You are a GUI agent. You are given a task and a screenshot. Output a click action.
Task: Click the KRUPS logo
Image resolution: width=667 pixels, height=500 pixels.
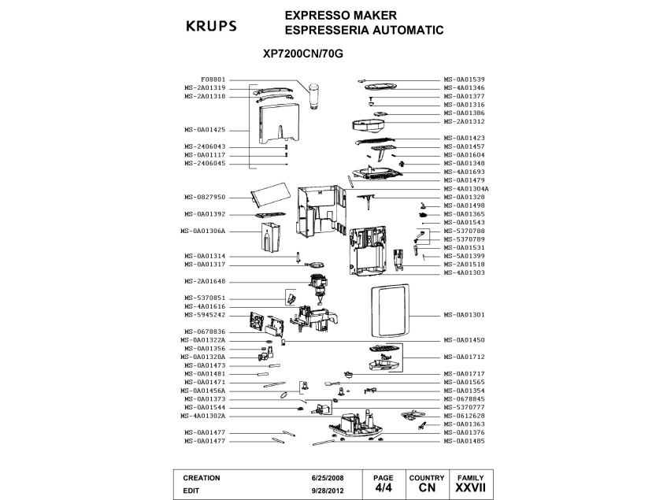tap(210, 26)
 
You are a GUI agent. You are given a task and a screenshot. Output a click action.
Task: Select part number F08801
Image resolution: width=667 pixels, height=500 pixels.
tap(213, 80)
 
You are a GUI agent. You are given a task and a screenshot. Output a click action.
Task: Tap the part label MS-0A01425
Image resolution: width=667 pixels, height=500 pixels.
tap(206, 129)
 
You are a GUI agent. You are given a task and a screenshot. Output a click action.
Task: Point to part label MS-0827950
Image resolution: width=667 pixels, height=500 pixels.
tap(206, 197)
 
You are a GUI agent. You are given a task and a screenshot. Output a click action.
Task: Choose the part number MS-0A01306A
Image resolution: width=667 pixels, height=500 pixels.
tap(206, 231)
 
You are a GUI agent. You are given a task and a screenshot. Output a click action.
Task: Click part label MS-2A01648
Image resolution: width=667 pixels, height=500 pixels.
tap(206, 281)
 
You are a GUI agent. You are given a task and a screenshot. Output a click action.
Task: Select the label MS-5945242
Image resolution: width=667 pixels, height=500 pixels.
tap(206, 315)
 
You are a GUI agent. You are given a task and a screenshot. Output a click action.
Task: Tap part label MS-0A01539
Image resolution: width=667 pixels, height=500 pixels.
tap(465, 80)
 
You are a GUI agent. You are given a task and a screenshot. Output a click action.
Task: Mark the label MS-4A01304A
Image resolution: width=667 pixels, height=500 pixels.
tap(467, 189)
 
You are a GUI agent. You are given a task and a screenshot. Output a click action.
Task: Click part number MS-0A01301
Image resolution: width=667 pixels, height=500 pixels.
tap(465, 315)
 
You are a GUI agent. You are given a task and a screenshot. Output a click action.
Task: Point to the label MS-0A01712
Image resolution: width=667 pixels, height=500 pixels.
tap(465, 357)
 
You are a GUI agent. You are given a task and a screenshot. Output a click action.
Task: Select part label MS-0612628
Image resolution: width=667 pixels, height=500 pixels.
tap(465, 416)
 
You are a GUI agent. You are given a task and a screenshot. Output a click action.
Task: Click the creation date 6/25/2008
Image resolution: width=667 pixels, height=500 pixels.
tap(328, 478)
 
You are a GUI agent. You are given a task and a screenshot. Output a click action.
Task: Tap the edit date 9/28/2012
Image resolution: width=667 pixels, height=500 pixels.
tap(328, 490)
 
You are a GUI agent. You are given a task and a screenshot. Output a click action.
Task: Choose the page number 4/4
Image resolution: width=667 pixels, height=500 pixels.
tap(383, 489)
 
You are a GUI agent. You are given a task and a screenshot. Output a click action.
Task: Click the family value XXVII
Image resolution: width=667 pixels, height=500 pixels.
tap(470, 489)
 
